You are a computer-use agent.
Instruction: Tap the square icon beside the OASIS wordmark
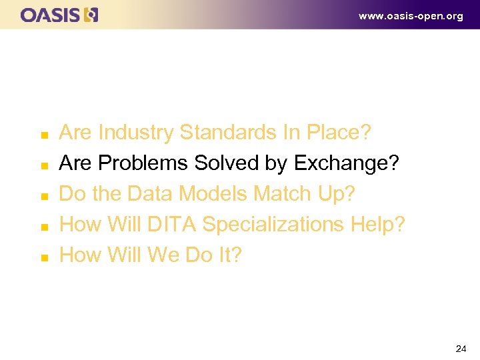click(91, 15)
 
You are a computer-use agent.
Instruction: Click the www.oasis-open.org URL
click(411, 16)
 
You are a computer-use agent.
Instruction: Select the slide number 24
click(461, 349)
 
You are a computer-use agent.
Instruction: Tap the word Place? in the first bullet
click(338, 133)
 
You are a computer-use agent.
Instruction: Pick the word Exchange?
click(346, 164)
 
